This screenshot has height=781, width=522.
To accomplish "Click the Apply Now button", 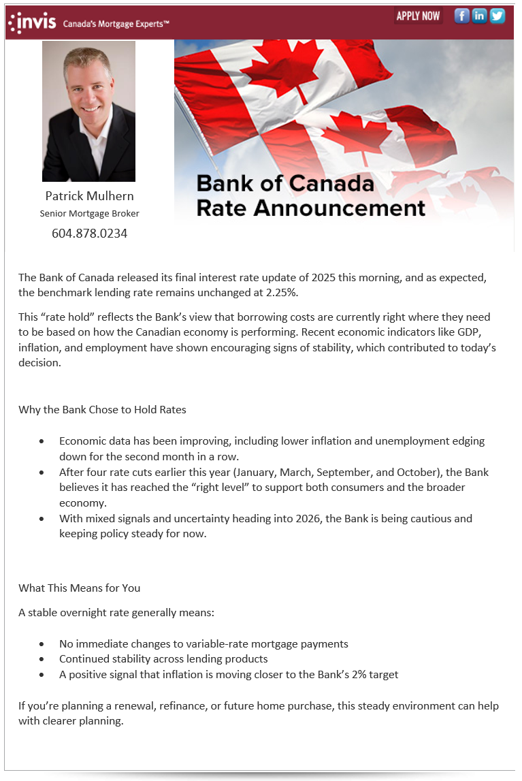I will [418, 16].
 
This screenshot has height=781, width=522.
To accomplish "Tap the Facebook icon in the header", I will [462, 16].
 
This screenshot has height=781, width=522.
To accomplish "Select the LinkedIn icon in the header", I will [480, 16].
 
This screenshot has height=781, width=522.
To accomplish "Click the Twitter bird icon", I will [497, 16].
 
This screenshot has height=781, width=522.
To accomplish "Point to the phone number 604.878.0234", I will [89, 234].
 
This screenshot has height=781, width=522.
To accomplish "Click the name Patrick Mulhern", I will [89, 196].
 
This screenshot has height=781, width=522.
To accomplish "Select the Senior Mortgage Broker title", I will [89, 214].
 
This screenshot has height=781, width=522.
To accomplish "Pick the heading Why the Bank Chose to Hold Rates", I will [102, 410].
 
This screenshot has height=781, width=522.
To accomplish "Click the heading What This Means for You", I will [80, 588].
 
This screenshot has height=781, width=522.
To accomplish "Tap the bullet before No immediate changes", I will [42, 644].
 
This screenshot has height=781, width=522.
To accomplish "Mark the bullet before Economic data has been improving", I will [42, 441].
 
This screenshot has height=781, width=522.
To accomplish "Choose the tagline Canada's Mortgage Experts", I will [116, 24].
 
